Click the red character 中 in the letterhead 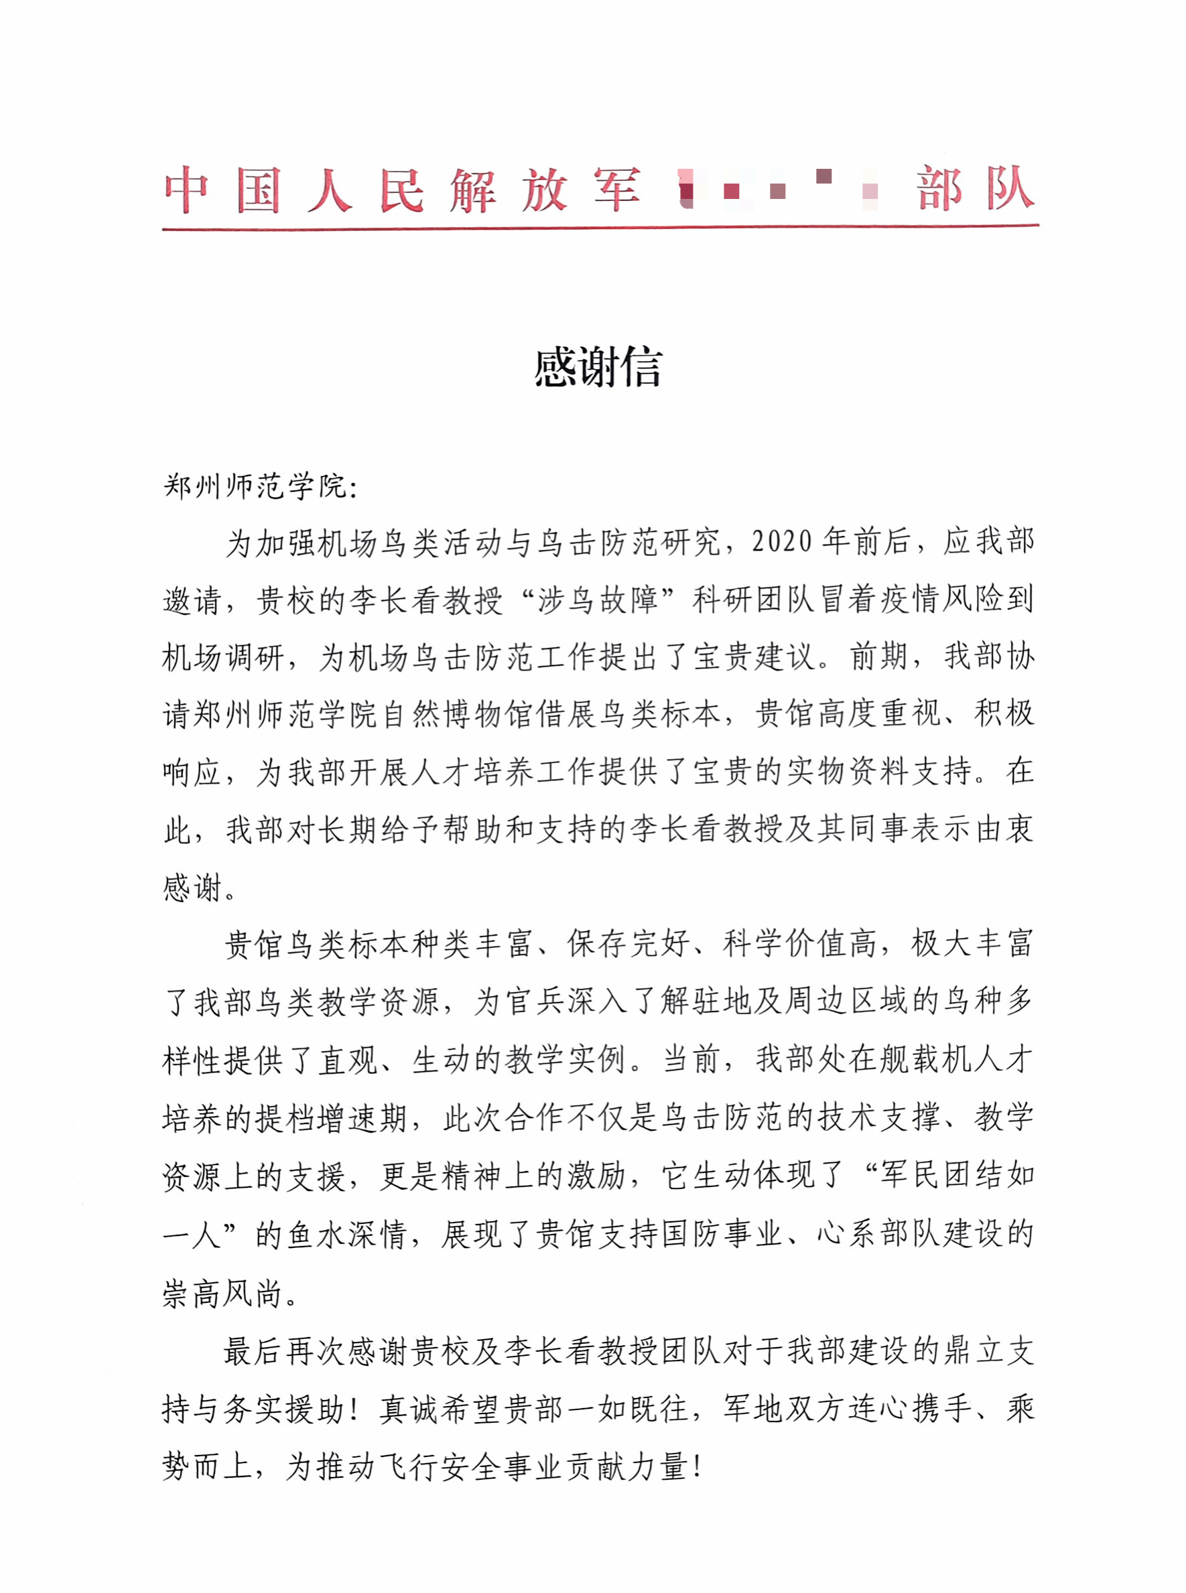pos(186,190)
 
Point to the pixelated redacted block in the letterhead pos(779,189)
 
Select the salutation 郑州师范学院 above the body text pos(255,486)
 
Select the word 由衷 pos(1005,829)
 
